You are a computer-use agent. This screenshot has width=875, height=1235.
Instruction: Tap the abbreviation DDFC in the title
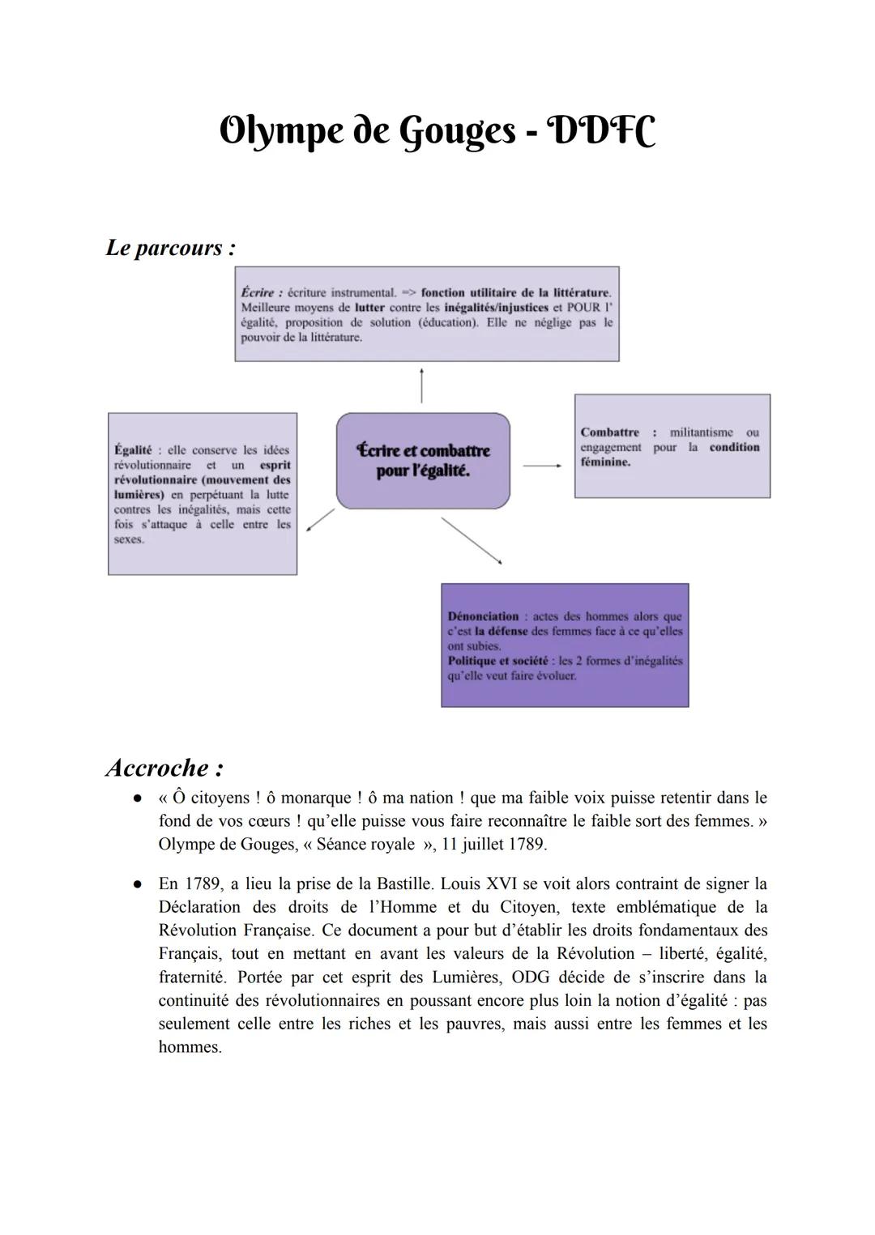[x=602, y=131]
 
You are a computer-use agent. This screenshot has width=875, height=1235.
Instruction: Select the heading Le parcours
[x=170, y=248]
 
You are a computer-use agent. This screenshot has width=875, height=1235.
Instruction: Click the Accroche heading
[x=164, y=767]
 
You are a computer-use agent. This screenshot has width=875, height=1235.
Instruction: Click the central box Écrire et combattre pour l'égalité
[x=423, y=461]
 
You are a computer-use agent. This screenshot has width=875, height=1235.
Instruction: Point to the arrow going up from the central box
[x=421, y=385]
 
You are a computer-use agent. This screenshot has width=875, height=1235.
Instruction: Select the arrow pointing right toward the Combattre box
[x=542, y=466]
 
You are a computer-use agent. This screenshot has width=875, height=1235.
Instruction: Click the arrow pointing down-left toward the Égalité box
[x=321, y=520]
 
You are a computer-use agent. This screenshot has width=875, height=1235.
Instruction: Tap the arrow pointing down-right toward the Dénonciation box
[x=472, y=540]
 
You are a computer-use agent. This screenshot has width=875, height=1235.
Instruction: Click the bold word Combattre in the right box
[x=609, y=432]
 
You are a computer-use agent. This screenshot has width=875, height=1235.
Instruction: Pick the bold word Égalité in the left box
[x=133, y=450]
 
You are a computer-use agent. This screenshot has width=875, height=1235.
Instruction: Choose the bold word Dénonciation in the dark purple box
[x=483, y=616]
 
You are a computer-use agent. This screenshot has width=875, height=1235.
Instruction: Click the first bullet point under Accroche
[x=139, y=798]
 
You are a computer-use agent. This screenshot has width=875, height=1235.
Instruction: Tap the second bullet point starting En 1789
[x=139, y=884]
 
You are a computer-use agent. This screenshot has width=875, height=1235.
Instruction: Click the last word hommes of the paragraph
[x=190, y=1047]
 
